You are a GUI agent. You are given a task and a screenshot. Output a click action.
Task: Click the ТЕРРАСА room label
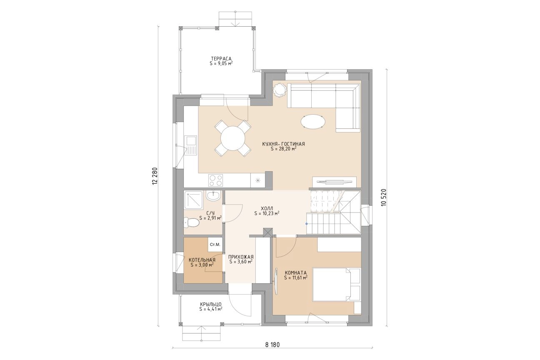point(221,59)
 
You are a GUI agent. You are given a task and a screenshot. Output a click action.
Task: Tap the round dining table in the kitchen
point(233,138)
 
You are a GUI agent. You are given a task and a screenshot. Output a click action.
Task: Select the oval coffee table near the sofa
point(313,122)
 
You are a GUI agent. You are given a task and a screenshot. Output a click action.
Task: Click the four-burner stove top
point(215,180)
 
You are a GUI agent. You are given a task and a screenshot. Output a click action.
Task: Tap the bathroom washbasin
point(213,195)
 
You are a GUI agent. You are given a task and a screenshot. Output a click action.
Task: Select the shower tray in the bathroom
point(193,202)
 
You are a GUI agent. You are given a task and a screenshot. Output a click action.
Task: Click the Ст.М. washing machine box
point(215,245)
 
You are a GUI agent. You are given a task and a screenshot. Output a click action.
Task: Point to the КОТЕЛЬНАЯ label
point(202,260)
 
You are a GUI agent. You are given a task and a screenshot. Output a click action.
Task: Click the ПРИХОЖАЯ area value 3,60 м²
point(241,262)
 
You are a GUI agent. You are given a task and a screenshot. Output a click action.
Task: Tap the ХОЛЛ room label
point(267,208)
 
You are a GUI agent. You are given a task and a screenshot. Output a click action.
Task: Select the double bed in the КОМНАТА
point(336,284)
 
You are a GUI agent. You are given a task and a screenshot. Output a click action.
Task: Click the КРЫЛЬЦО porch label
point(211,304)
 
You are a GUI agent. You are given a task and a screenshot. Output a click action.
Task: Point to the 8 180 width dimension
point(272,345)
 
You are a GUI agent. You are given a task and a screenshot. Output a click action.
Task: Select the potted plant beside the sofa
point(280,90)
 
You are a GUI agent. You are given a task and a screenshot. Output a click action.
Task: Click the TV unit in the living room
point(334,181)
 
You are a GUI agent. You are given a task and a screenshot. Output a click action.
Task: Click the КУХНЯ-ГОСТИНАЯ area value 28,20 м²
point(283,149)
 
